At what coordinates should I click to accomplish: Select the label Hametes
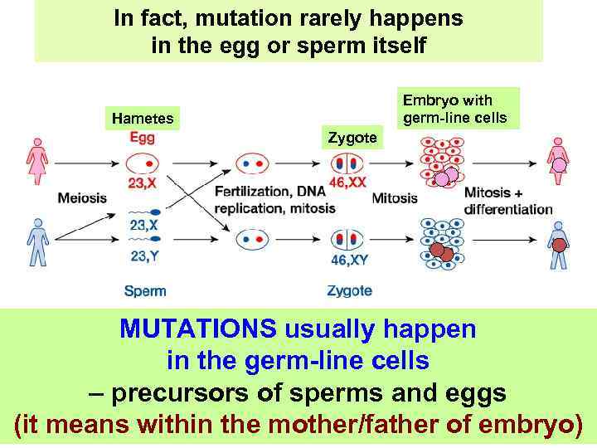click(143, 119)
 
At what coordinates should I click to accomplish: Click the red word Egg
click(142, 139)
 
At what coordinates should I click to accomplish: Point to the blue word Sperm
click(144, 291)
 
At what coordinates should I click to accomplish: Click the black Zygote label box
click(352, 138)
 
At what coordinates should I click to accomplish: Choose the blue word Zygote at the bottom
click(349, 291)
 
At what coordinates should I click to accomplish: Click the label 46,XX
click(347, 183)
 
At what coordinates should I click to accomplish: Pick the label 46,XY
click(350, 261)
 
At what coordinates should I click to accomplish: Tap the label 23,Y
click(144, 256)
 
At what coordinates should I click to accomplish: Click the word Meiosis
click(82, 197)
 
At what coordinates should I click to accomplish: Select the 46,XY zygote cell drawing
click(347, 240)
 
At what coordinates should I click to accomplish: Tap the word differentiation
click(508, 209)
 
